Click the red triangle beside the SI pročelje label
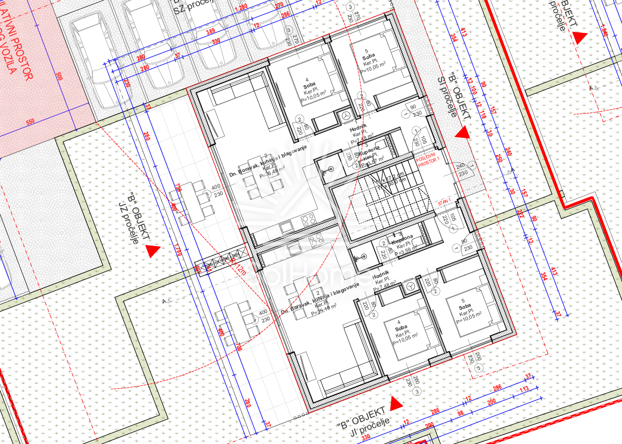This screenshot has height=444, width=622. click(462, 133)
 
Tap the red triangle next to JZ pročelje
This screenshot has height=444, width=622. click(153, 251)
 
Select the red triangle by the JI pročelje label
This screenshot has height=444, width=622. click(396, 403)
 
